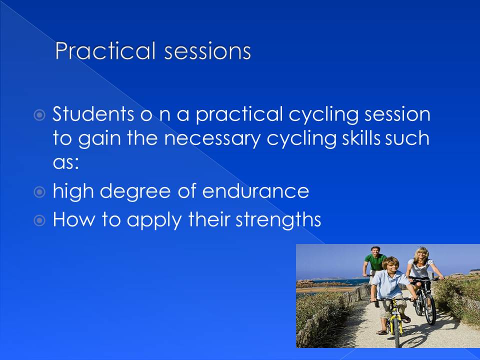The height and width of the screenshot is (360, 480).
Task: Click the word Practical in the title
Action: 105,51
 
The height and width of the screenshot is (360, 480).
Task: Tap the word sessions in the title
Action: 207,51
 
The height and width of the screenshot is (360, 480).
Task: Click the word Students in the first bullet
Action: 93,114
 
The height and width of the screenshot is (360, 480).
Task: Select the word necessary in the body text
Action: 212,138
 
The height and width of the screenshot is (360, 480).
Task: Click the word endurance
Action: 255,191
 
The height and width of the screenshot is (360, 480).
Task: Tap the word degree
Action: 135,192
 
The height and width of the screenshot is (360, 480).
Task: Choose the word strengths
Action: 278,220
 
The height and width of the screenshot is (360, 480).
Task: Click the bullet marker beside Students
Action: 39,115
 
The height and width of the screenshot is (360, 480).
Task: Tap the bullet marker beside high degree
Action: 39,192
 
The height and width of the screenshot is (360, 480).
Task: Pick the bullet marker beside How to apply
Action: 39,220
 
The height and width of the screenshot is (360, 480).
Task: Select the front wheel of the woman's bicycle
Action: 430,309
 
